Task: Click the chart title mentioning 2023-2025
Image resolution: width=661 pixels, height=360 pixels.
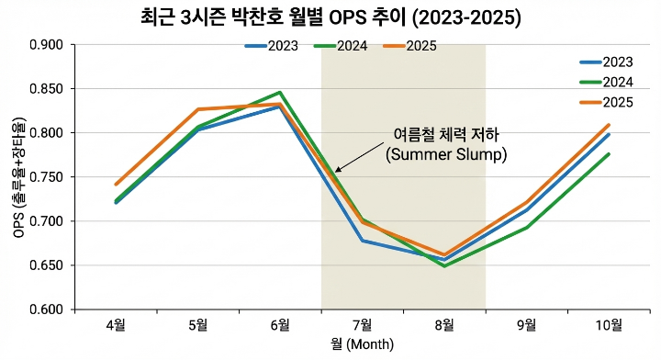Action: pos(330,17)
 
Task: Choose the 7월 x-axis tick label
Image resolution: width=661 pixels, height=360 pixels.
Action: pos(362,324)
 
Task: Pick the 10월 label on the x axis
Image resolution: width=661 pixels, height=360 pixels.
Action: pos(608,324)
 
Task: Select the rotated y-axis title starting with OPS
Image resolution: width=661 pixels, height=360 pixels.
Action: pos(18,177)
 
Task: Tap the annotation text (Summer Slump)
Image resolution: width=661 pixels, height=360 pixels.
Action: pos(445,154)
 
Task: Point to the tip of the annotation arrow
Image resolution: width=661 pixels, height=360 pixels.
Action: pos(335,171)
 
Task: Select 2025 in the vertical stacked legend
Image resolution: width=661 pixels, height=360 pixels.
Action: pos(616,101)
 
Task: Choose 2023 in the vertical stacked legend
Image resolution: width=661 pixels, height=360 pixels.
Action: pos(616,62)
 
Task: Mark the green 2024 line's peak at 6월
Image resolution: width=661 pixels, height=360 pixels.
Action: pos(280,93)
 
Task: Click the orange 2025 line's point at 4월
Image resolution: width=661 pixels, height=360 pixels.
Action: pos(116,185)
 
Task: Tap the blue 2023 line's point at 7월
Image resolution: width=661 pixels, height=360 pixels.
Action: pos(362,241)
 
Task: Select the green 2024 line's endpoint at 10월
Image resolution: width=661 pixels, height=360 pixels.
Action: pos(608,154)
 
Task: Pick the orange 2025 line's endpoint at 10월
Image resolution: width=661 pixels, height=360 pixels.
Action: pos(608,126)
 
